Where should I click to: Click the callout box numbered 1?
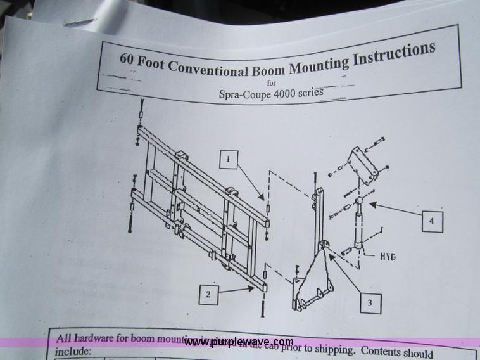[229, 158]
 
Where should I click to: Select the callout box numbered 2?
[208, 294]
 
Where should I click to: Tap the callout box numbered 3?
[369, 303]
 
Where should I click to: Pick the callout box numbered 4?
[431, 221]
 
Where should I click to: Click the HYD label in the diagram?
[388, 257]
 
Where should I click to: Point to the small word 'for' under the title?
[272, 83]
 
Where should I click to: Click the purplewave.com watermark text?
[239, 342]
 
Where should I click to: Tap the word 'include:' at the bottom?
[73, 350]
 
